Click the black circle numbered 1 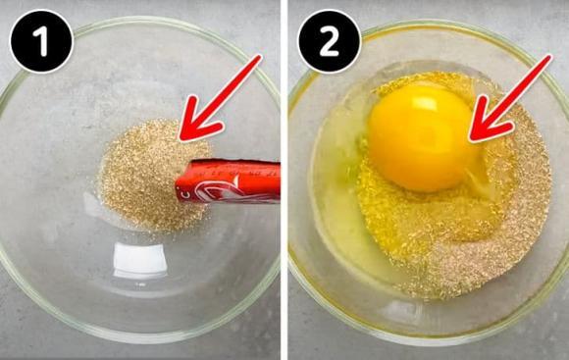tap(42, 41)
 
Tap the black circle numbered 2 tap(329, 41)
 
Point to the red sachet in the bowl tap(230, 181)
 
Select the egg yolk tap(420, 136)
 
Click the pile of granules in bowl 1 tap(142, 177)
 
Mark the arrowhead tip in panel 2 tap(472, 140)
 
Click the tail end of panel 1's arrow tap(259, 59)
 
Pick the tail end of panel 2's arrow tap(548, 59)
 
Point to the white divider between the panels tap(284, 180)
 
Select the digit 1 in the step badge tap(42, 41)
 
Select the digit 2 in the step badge tap(329, 41)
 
